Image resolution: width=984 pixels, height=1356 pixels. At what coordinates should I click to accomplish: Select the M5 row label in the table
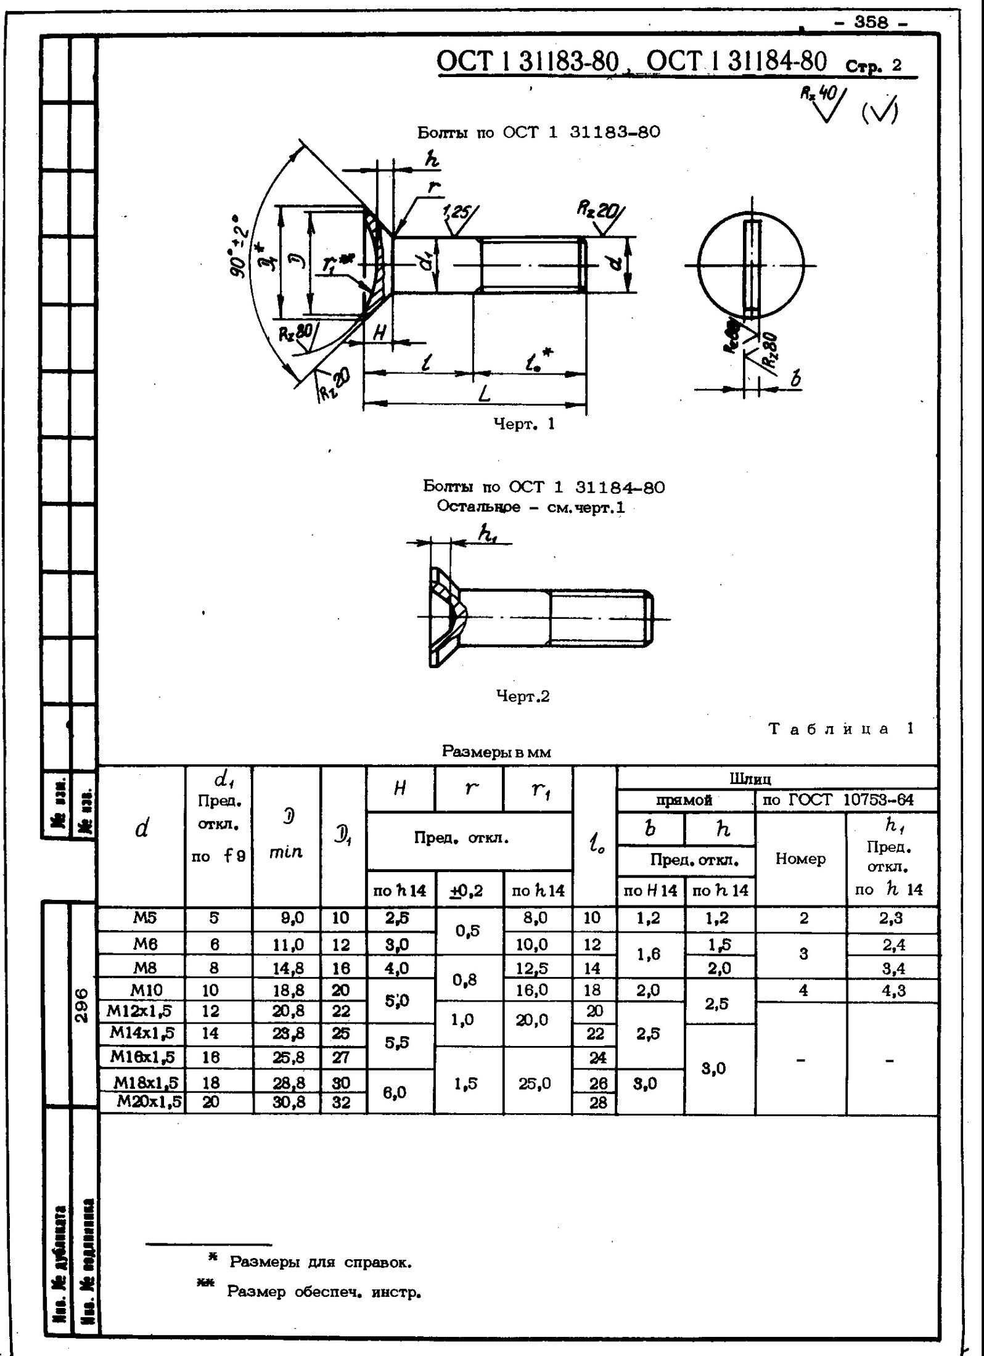tap(145, 918)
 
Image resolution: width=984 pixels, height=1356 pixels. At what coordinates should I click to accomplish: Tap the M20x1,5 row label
tap(149, 1102)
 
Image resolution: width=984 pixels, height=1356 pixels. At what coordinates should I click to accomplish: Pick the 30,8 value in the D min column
tap(288, 1103)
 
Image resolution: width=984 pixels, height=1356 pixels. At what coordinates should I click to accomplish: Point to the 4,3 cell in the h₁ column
tap(892, 991)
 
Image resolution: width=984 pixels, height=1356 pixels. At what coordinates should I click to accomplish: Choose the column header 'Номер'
tap(800, 859)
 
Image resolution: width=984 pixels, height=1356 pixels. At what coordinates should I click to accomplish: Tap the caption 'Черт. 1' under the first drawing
tap(524, 423)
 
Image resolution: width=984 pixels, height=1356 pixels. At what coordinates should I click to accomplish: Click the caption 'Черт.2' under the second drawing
tap(523, 696)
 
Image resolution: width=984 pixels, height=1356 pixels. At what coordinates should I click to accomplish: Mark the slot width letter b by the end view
tap(795, 378)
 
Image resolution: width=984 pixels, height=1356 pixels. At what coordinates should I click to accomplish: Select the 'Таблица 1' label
tap(841, 729)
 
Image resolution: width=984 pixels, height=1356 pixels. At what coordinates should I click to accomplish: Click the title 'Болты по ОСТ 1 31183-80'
tap(538, 133)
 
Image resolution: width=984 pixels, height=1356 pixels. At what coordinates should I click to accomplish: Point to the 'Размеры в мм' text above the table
tap(496, 752)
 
